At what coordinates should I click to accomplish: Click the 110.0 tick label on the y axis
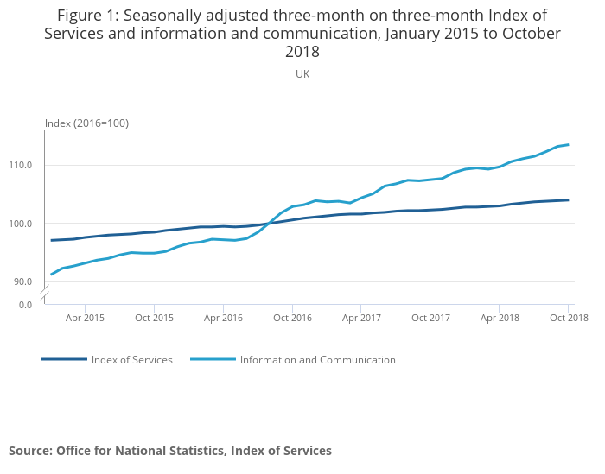point(20,165)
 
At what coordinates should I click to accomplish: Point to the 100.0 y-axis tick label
point(20,224)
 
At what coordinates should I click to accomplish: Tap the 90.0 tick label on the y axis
point(22,281)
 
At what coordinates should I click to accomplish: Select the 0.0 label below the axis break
point(25,304)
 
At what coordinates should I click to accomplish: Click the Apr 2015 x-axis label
point(85,318)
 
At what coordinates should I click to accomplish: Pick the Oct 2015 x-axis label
point(154,318)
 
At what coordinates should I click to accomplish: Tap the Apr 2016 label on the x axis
point(223,318)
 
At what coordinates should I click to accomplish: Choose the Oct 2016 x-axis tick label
point(292,318)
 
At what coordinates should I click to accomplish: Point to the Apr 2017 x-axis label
point(361,318)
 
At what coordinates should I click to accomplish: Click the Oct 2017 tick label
point(430,318)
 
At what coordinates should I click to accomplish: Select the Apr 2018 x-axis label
point(500,318)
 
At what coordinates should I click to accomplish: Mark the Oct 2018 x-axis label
point(568,318)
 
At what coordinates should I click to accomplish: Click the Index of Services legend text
point(131,360)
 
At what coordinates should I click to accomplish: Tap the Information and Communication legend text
point(317,360)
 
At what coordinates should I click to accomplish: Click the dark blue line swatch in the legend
point(64,359)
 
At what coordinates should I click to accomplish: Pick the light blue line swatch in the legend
point(213,359)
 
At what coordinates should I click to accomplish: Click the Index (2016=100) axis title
point(86,123)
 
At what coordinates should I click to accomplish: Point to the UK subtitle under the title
point(302,74)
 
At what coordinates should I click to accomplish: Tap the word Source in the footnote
point(30,451)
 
